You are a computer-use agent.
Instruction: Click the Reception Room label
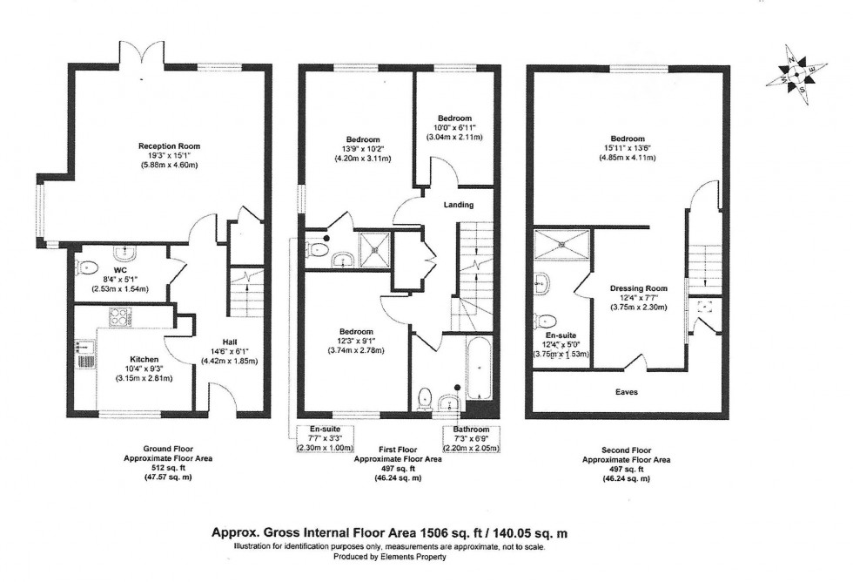point(163,145)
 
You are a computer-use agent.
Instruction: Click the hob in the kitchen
point(119,318)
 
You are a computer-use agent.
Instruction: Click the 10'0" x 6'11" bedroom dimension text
point(453,128)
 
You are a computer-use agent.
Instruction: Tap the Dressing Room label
point(625,288)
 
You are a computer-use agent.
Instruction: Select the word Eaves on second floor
point(625,392)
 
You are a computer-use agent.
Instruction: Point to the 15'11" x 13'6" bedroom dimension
point(627,149)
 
